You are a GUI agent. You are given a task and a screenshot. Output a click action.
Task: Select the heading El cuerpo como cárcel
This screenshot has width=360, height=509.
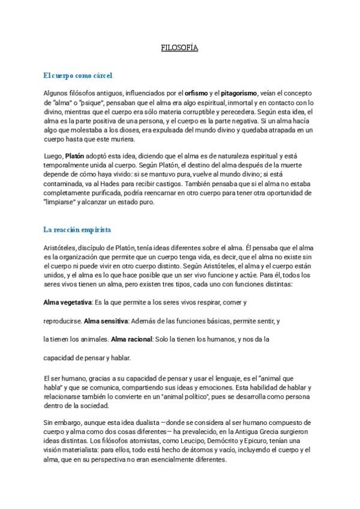pos(78,76)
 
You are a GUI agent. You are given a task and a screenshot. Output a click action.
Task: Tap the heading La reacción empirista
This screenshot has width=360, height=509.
pos(77,229)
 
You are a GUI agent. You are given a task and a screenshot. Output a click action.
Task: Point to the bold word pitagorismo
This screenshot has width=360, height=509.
pos(238,93)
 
